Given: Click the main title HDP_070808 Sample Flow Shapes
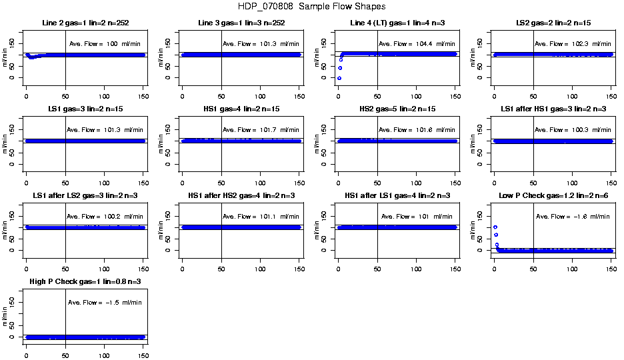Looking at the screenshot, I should (x=311, y=7).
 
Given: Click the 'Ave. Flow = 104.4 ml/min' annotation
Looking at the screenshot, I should (x=416, y=44).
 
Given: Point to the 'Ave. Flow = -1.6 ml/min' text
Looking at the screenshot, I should (x=573, y=216).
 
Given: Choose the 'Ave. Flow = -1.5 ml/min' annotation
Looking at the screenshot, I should (x=105, y=302).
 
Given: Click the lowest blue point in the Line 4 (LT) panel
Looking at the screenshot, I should (x=339, y=78).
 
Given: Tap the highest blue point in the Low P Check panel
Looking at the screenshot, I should (x=495, y=227).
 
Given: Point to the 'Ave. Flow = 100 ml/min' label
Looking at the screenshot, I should (x=105, y=44).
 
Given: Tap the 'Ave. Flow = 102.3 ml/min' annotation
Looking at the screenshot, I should (x=573, y=44).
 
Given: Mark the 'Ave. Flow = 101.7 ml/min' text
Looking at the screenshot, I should (x=261, y=130).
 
